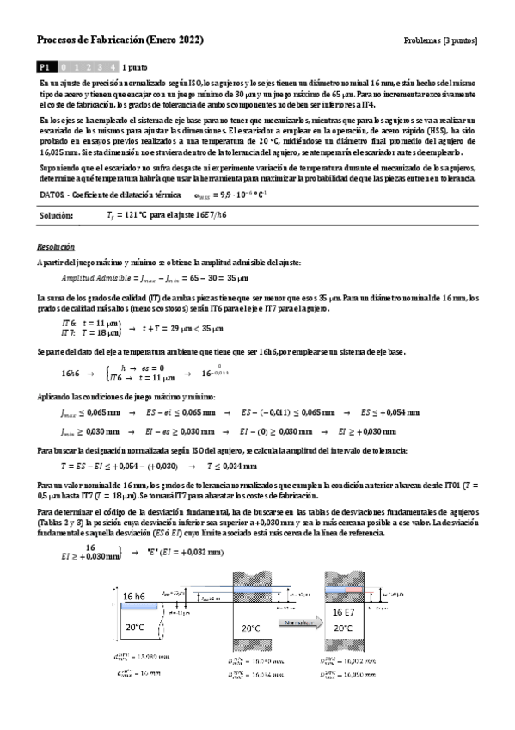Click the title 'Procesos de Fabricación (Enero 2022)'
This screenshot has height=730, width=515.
[121, 40]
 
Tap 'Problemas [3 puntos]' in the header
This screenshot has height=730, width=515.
[439, 40]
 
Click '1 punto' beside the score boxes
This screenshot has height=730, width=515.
[136, 65]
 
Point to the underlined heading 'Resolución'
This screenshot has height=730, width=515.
[55, 245]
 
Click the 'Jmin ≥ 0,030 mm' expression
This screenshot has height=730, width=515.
[90, 430]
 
